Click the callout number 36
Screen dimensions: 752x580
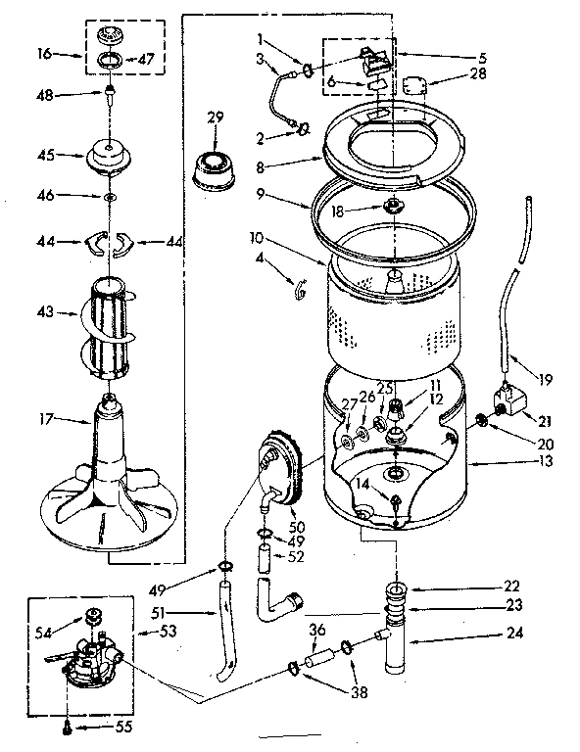click(316, 631)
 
